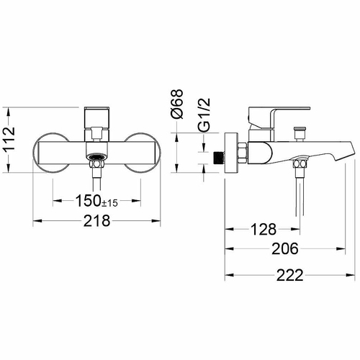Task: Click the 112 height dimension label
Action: [x=9, y=138]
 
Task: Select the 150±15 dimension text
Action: [x=96, y=201]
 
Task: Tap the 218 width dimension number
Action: [x=96, y=221]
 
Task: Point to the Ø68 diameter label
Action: [x=177, y=104]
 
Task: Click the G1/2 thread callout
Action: [x=204, y=114]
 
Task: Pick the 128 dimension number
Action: [x=264, y=230]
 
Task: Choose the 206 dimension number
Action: [x=285, y=248]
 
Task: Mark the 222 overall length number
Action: [x=290, y=275]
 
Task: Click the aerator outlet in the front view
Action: [x=96, y=158]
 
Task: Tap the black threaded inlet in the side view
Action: [x=218, y=158]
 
